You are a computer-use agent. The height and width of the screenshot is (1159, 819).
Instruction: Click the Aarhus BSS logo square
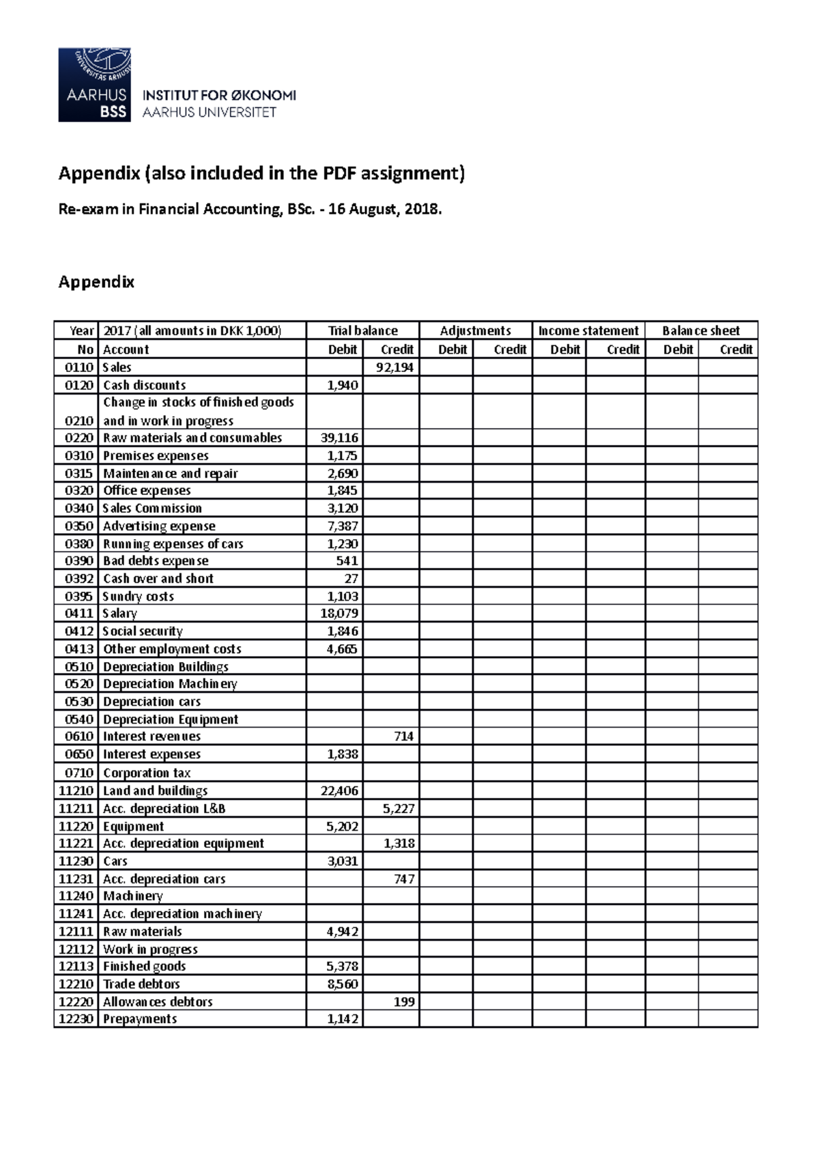tap(94, 85)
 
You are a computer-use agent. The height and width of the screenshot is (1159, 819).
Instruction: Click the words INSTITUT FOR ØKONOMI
tap(219, 96)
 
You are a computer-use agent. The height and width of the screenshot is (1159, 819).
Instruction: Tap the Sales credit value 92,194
tap(395, 367)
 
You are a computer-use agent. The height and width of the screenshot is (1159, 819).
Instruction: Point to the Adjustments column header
tap(475, 330)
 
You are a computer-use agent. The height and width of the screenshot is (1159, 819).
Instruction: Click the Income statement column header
tap(588, 330)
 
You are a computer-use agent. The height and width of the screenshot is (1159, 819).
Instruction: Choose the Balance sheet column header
tap(701, 330)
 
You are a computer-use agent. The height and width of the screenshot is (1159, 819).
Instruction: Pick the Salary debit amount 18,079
tap(339, 614)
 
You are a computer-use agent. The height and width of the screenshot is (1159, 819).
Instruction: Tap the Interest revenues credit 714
tap(403, 736)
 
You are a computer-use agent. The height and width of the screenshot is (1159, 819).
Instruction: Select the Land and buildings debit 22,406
tap(339, 790)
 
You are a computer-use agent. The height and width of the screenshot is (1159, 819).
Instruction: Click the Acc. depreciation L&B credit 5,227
tap(399, 808)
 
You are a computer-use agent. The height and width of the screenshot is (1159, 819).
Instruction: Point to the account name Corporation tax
tap(147, 773)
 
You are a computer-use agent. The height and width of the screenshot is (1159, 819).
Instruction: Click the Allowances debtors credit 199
tap(403, 1001)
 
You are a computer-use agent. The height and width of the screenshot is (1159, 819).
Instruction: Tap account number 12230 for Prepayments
tap(76, 1019)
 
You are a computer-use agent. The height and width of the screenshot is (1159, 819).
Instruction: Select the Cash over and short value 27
tap(351, 578)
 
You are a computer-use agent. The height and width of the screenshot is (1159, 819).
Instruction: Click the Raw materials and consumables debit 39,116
tap(339, 438)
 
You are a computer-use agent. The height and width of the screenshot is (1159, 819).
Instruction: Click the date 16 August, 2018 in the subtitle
tap(385, 209)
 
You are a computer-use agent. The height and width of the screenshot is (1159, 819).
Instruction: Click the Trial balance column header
tap(362, 330)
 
